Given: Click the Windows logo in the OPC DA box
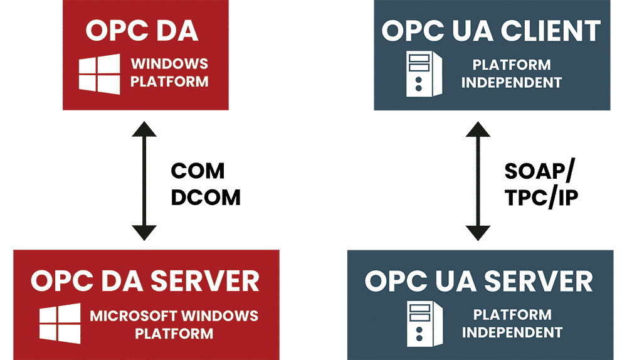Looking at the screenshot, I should [99, 74].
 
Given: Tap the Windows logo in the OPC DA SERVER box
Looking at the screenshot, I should [60, 324].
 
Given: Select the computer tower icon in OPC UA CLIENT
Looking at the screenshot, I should [421, 74].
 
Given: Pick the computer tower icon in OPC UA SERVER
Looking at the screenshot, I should [421, 323].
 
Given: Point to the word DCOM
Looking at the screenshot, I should [206, 198].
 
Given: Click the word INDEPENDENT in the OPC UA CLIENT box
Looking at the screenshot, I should [512, 82].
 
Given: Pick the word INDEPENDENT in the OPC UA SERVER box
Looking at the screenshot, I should [512, 332].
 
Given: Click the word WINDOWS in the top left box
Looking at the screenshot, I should [169, 65].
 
